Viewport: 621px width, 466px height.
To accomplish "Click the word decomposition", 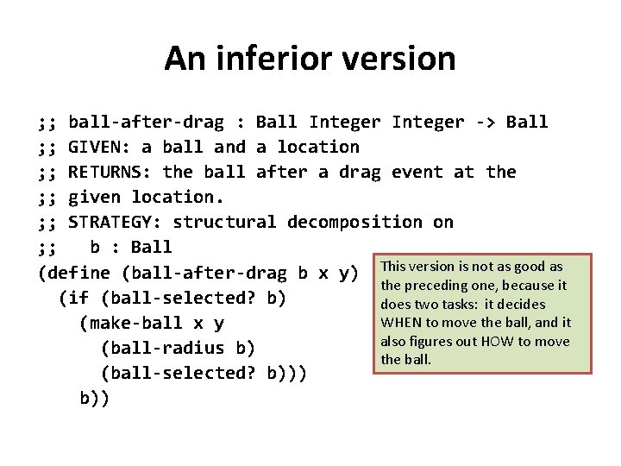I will point(354,222).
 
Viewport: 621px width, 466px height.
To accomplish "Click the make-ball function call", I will point(135,323).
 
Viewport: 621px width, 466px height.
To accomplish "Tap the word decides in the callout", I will point(521,304).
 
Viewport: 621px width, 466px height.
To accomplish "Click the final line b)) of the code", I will point(94,398).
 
